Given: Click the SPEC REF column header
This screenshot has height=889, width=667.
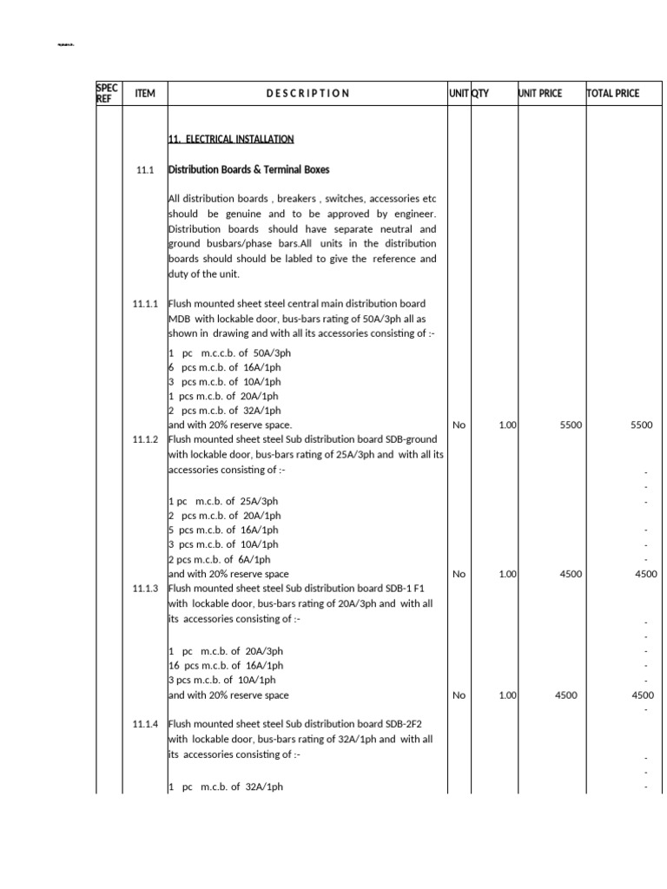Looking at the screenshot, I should click(x=108, y=93).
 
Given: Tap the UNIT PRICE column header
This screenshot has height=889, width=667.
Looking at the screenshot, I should click(x=539, y=93).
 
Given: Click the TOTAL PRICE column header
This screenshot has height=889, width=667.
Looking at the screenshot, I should click(x=613, y=93).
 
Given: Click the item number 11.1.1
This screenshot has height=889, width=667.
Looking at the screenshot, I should click(x=144, y=304).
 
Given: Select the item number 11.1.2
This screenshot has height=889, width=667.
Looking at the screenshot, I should click(x=144, y=440).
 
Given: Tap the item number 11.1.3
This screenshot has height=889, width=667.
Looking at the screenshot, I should click(x=144, y=589).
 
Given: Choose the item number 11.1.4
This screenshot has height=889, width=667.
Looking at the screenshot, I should click(x=144, y=724).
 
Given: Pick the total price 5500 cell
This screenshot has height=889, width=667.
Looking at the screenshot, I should click(x=641, y=425).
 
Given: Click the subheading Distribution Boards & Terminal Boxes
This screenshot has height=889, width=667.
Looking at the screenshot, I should click(x=248, y=169).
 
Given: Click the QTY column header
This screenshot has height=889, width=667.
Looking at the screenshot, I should click(x=480, y=93).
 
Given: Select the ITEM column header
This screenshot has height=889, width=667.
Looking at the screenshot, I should click(x=145, y=93).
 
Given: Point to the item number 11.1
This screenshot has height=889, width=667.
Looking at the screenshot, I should click(x=144, y=170).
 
